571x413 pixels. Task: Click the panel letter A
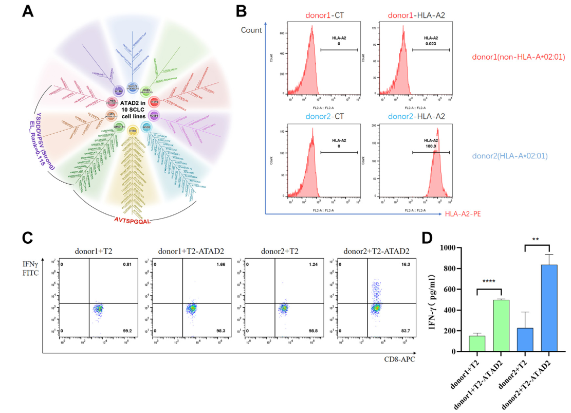[x=27, y=11]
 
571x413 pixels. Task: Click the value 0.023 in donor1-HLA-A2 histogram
[x=431, y=44]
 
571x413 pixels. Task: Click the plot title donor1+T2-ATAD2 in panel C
[x=191, y=252]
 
